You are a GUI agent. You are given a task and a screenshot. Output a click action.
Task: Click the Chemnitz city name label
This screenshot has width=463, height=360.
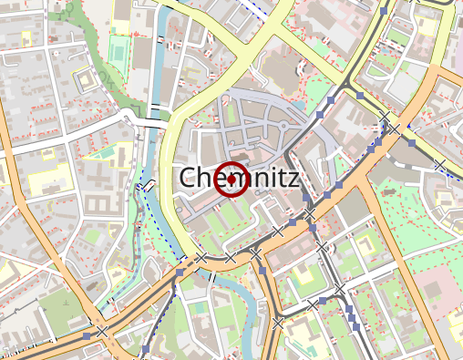tap(239, 179)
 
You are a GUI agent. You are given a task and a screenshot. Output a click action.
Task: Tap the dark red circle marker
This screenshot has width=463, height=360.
tap(232, 179)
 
